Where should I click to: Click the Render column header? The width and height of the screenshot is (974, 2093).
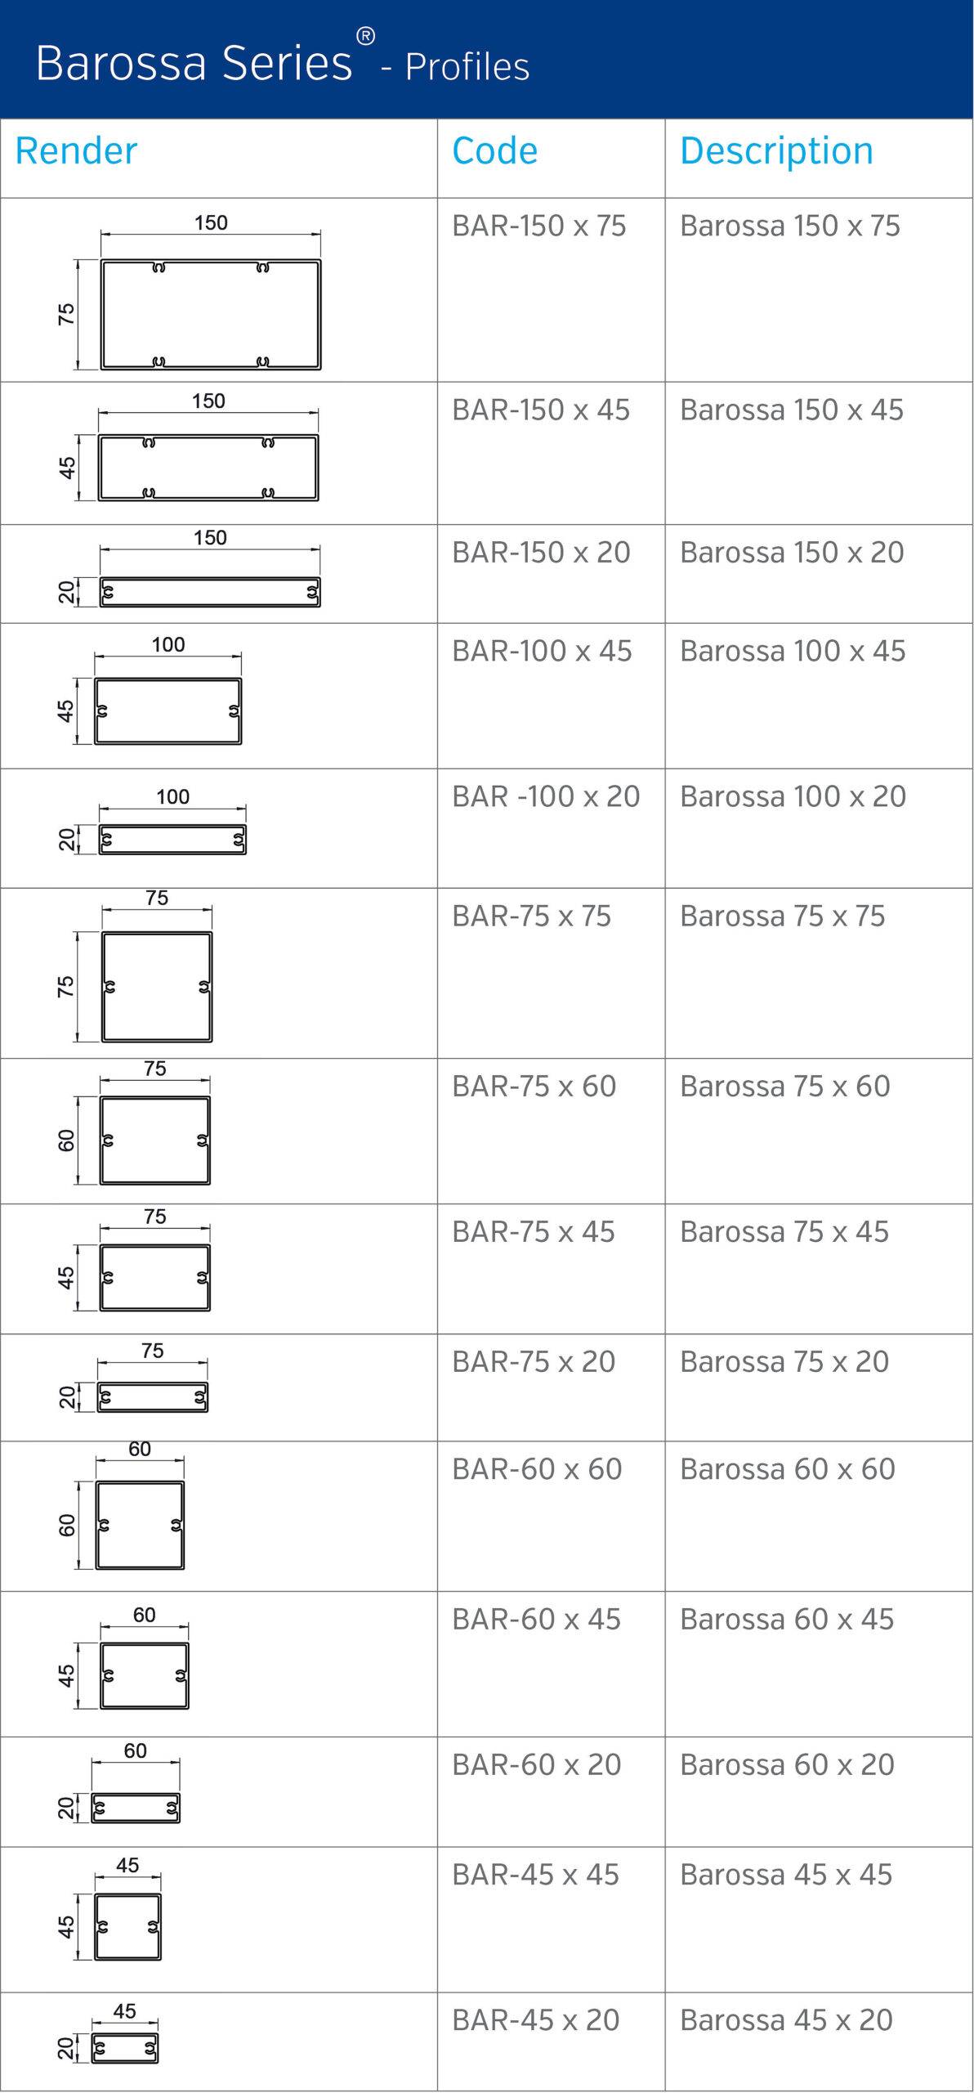76,150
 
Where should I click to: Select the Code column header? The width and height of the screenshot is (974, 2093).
494,150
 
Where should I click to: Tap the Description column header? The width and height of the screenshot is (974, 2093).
776,152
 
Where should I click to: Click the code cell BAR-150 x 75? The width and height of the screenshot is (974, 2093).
539,226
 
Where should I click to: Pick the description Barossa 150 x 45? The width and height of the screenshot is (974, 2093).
792,410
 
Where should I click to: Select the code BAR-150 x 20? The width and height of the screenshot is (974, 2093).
541,553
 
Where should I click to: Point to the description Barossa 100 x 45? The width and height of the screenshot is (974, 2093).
793,651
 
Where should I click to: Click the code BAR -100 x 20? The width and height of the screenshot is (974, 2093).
546,796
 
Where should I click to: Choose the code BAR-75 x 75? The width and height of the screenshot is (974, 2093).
531,917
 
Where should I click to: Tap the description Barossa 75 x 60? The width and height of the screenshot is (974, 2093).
784,1087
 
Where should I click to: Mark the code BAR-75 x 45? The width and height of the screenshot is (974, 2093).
533,1232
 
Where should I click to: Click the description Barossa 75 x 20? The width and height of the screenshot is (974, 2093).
784,1362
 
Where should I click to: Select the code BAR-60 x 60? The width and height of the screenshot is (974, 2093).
537,1469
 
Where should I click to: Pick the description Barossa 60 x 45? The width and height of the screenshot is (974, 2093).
787,1619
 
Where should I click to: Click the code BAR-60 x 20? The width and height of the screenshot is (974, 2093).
536,1764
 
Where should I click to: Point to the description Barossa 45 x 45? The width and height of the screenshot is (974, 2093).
785,1874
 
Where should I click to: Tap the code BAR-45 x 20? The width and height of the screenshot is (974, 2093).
535,2019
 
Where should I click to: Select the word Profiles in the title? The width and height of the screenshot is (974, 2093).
467,67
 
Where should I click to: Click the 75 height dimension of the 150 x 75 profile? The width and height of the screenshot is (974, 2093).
66,314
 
